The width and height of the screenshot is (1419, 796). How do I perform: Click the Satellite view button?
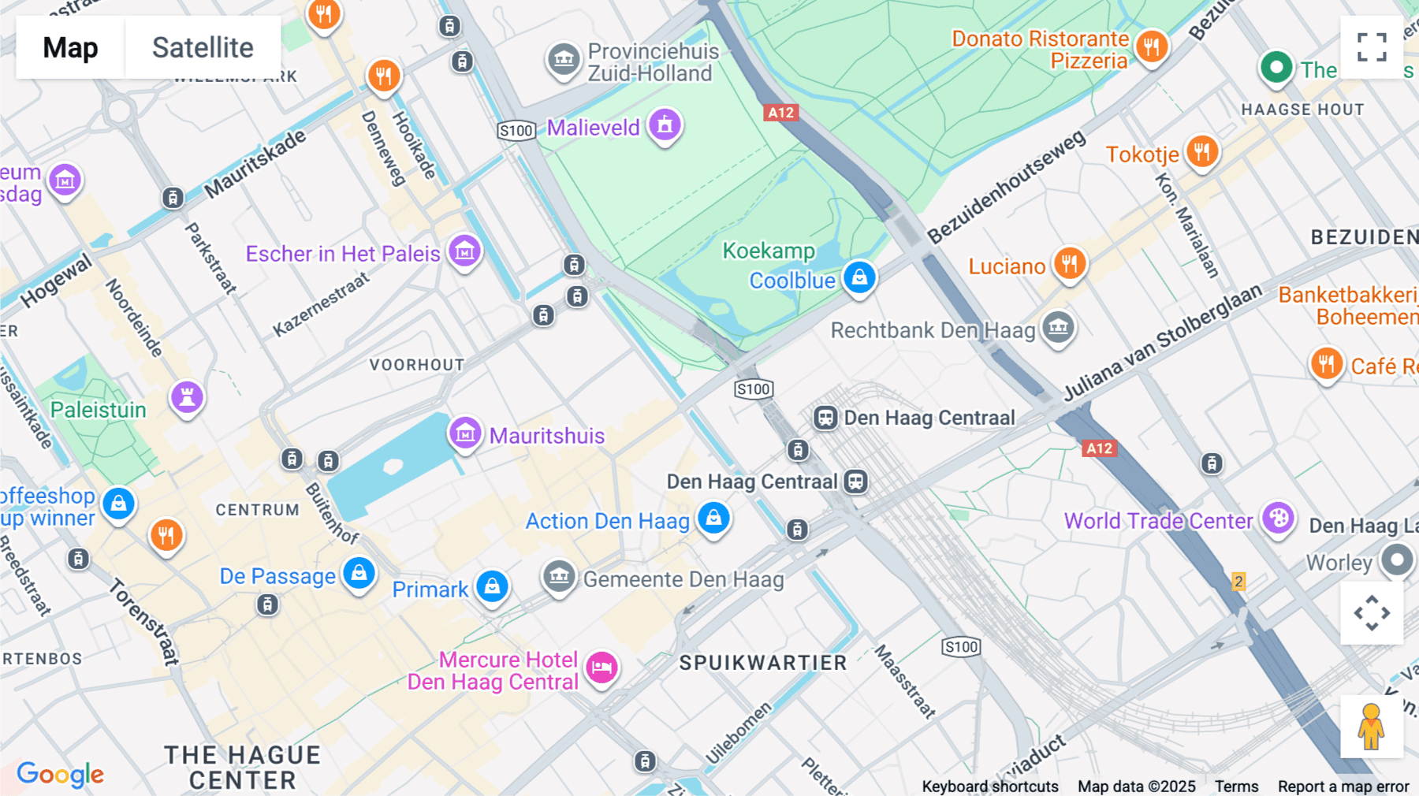tap(203, 47)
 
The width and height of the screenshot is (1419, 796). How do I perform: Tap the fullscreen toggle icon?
tap(1371, 47)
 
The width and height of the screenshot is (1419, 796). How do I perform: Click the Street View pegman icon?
tap(1371, 727)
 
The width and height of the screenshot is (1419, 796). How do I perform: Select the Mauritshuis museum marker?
tap(465, 433)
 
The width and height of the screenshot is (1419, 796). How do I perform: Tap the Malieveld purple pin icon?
tap(665, 125)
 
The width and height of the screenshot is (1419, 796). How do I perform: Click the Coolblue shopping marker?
tap(859, 278)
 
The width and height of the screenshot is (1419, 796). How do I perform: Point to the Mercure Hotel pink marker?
tap(602, 668)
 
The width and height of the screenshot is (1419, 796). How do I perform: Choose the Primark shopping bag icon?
tap(492, 586)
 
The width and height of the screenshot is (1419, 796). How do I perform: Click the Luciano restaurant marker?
tap(1069, 264)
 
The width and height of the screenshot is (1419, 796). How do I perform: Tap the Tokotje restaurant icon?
tap(1201, 151)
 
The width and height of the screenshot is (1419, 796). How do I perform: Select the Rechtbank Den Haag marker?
tap(1058, 326)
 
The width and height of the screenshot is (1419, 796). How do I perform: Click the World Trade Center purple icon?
tap(1278, 519)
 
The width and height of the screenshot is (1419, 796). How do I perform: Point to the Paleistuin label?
tap(99, 410)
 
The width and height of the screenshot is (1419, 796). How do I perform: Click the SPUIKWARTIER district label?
tap(762, 663)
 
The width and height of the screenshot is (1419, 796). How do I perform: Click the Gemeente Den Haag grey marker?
tap(559, 577)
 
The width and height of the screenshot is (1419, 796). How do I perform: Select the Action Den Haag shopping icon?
tap(713, 519)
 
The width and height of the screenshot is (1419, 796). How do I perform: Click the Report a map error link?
tap(1343, 786)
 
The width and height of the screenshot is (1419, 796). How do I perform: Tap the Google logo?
tap(60, 774)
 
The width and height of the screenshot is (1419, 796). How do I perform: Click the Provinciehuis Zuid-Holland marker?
tap(564, 60)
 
